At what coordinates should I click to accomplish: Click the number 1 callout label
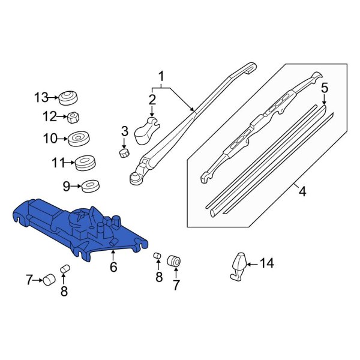coord(161,76)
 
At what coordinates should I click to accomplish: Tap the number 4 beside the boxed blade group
coord(302,192)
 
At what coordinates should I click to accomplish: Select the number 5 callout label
coord(325,88)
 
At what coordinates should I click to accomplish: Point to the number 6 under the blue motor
coord(113,268)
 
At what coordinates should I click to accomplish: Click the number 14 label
coord(266,263)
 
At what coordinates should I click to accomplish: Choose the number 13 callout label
coord(40,97)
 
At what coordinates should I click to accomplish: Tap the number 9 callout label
coord(67,187)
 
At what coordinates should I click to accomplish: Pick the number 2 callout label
coord(152,99)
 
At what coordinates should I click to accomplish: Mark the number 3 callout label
coord(125,131)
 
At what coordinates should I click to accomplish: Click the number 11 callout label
coord(58,162)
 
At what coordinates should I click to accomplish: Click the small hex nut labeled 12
coord(70,116)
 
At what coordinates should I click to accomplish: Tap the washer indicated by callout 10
coord(77,139)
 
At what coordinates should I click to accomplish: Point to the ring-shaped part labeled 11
coord(85,162)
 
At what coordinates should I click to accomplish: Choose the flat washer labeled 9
coord(90,187)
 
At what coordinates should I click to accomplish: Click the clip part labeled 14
coord(238,265)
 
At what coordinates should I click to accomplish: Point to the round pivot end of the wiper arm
coord(136,176)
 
